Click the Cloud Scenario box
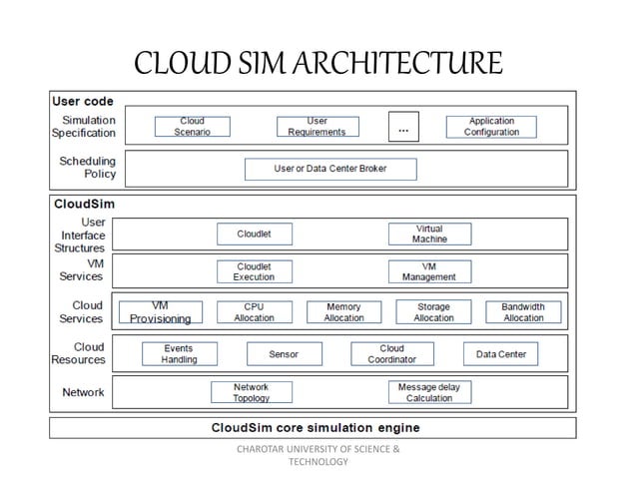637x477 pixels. pyautogui.click(x=192, y=127)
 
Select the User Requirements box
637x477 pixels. pyautogui.click(x=317, y=127)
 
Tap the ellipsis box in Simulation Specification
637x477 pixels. pyautogui.click(x=403, y=127)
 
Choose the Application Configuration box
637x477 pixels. pyautogui.click(x=491, y=127)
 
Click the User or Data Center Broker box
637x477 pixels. pyautogui.click(x=330, y=169)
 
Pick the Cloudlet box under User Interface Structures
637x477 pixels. pyautogui.click(x=254, y=235)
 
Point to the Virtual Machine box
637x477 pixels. pyautogui.click(x=429, y=235)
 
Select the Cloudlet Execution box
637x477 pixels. pyautogui.click(x=254, y=271)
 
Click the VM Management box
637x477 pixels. pyautogui.click(x=429, y=271)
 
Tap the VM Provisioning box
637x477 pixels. pyautogui.click(x=160, y=312)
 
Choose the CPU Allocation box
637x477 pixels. pyautogui.click(x=254, y=312)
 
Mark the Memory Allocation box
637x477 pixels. pyautogui.click(x=343, y=312)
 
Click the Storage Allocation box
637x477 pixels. pyautogui.click(x=433, y=312)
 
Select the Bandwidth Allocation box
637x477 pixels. pyautogui.click(x=523, y=312)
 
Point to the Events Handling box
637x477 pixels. pyautogui.click(x=179, y=354)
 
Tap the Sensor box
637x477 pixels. pyautogui.click(x=284, y=354)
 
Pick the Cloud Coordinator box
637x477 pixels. pyautogui.click(x=391, y=354)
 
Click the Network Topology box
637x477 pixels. pyautogui.click(x=251, y=392)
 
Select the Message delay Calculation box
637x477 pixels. pyautogui.click(x=429, y=392)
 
